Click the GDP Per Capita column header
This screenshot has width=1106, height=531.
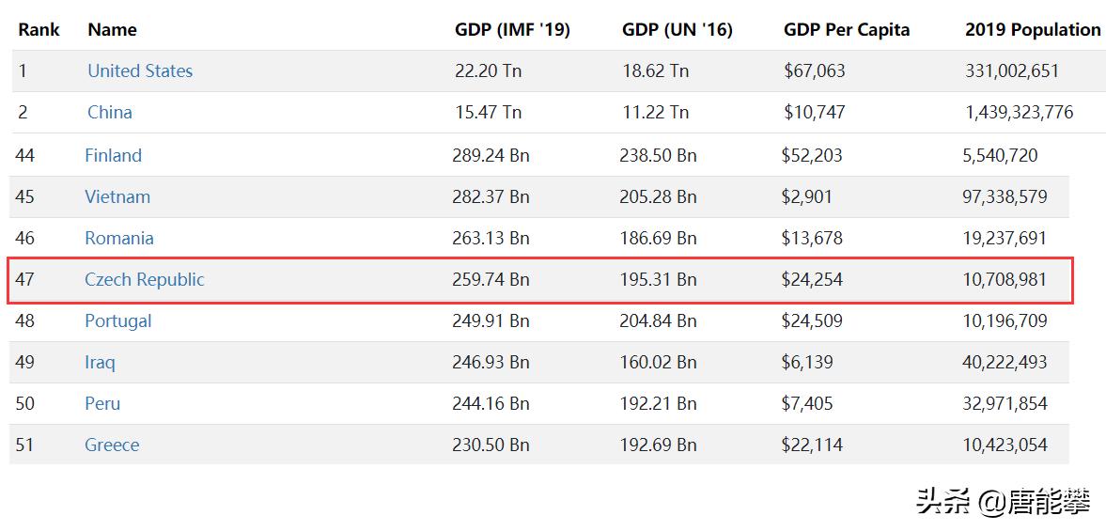coord(846,29)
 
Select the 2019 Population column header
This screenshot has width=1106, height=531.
coord(1032,29)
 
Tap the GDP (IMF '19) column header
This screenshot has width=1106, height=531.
coord(512,29)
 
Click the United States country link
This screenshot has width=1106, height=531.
coord(140,70)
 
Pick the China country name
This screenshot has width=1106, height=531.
coord(110,112)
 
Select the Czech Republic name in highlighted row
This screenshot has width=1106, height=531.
coord(144,279)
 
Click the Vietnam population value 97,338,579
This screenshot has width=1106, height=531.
coord(1005,196)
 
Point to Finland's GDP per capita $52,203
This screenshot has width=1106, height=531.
coord(811,155)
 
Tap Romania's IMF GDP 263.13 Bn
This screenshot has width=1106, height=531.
coord(491,238)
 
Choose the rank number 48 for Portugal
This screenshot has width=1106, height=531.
coord(24,320)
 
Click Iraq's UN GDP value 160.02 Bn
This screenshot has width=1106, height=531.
coord(658,362)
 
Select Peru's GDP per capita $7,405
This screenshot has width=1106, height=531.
coord(806,403)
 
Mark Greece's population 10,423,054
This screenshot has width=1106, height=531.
coord(1005,445)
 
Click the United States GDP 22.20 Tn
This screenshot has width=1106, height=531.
coord(488,70)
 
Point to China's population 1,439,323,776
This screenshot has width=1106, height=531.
coord(1019,112)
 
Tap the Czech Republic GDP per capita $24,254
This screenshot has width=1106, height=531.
coord(811,279)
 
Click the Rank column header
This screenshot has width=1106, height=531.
coord(39,29)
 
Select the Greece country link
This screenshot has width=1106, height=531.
coord(112,445)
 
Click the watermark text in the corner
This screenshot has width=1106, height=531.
coord(1003,501)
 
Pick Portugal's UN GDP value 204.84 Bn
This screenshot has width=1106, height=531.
coord(658,320)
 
